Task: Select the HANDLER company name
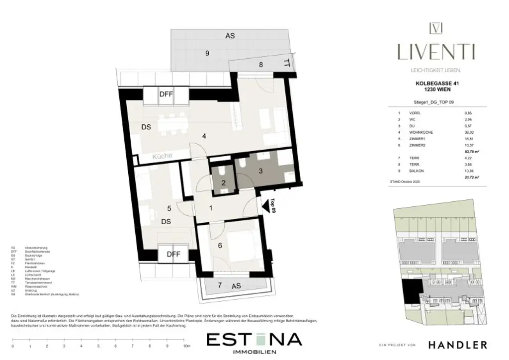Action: click(458, 345)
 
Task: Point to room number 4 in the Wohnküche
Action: click(203, 136)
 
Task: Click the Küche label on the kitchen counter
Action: click(162, 156)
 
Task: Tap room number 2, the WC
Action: click(223, 182)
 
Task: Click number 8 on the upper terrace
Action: click(260, 65)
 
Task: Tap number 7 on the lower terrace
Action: click(219, 285)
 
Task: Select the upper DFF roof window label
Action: click(166, 94)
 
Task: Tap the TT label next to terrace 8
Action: click(286, 63)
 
